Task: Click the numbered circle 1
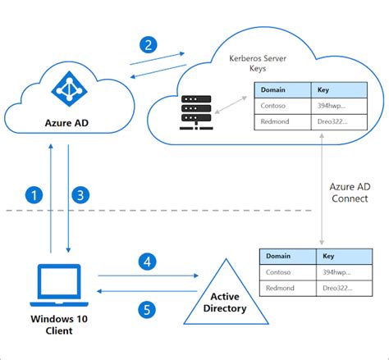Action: point(33,195)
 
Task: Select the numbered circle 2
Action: point(148,45)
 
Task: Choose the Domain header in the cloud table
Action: point(271,89)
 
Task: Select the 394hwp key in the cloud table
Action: point(331,106)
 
